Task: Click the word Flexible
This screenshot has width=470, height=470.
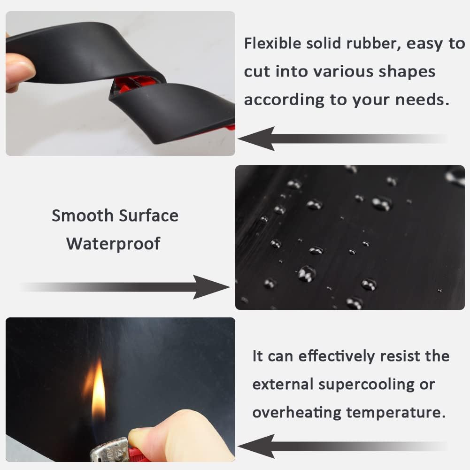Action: pos(272,44)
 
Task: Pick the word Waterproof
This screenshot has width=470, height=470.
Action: pos(113,244)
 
